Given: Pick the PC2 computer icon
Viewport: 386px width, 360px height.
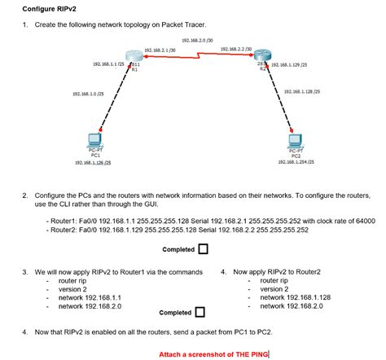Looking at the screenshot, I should click(x=295, y=141).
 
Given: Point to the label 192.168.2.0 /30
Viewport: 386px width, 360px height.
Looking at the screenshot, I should click(x=197, y=40).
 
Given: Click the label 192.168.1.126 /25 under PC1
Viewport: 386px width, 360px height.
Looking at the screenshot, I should click(x=93, y=163).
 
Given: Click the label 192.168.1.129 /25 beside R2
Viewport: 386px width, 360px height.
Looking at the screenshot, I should click(x=288, y=64).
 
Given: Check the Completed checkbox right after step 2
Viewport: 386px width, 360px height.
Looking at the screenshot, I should click(x=203, y=248).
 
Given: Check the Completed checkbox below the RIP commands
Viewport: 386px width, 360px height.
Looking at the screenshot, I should click(x=199, y=312).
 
